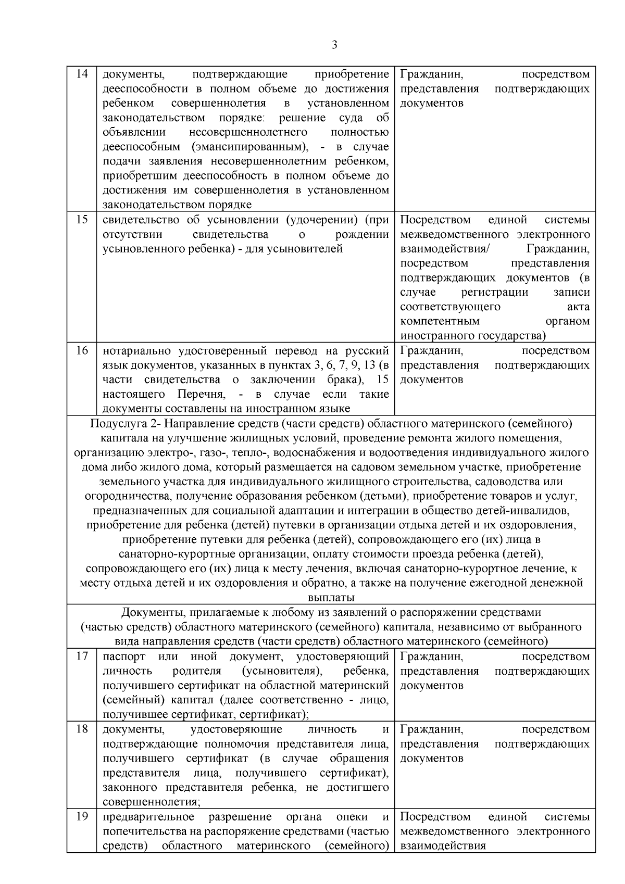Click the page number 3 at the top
pyautogui.click(x=334, y=45)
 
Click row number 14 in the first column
pyautogui.click(x=82, y=74)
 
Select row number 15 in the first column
pyautogui.click(x=82, y=219)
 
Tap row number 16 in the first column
pyautogui.click(x=82, y=350)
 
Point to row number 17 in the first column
pyautogui.click(x=82, y=656)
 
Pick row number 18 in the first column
pyautogui.click(x=82, y=729)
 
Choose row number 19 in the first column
pyautogui.click(x=82, y=816)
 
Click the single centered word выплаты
pyautogui.click(x=331, y=598)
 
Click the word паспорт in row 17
pyautogui.click(x=124, y=656)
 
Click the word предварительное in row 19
pyautogui.click(x=149, y=817)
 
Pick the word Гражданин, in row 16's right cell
pyautogui.click(x=431, y=350)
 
